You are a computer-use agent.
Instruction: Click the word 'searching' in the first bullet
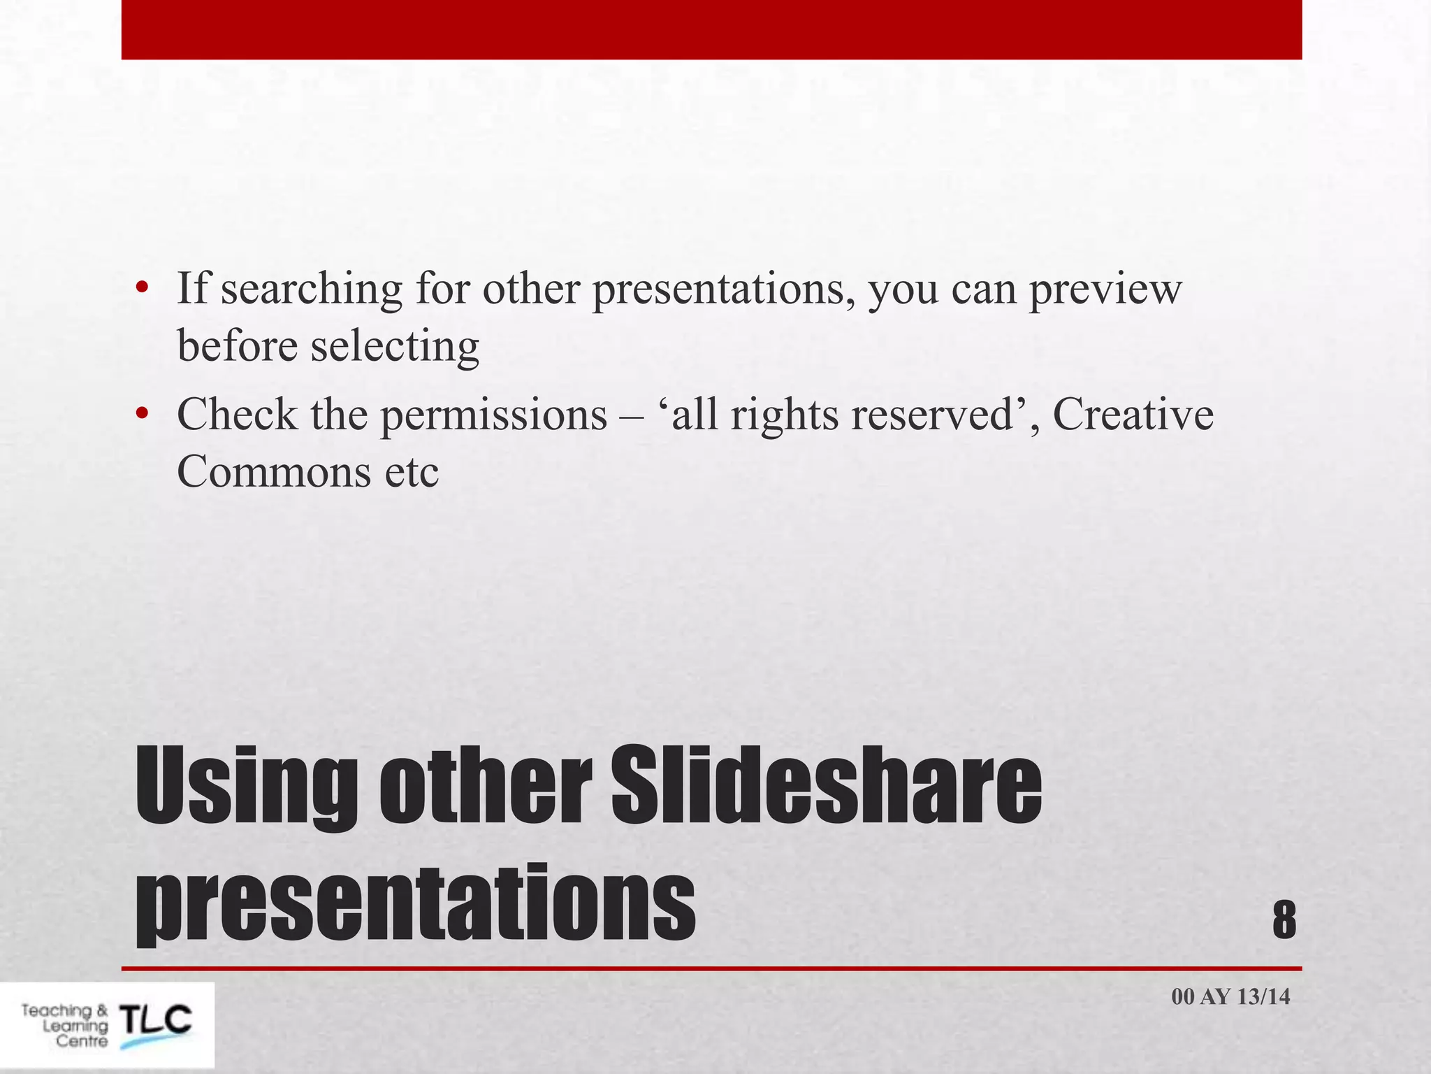click(x=312, y=289)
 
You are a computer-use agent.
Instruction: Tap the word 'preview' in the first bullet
click(x=1105, y=289)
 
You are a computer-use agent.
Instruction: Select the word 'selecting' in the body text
click(x=395, y=346)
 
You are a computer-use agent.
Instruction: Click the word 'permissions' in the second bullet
click(x=493, y=415)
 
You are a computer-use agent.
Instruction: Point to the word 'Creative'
click(x=1133, y=415)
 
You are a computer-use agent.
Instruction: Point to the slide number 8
click(x=1284, y=920)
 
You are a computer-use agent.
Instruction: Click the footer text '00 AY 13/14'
click(x=1230, y=996)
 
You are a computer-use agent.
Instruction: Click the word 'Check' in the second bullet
click(x=237, y=415)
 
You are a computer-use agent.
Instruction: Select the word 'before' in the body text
click(x=238, y=346)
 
